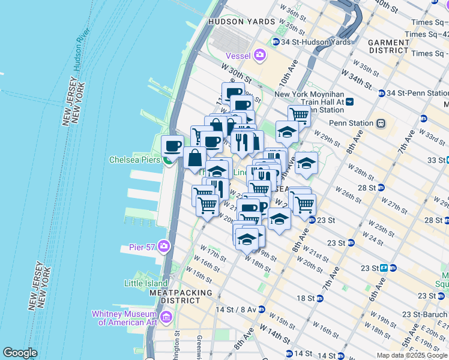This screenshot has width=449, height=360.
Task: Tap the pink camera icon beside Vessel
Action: point(260,55)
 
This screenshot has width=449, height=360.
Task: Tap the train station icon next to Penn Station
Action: point(380,124)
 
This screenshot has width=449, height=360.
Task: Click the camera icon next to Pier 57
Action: point(164,247)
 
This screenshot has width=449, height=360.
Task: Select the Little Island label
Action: point(146,283)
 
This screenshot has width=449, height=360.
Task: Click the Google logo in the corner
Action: point(20,353)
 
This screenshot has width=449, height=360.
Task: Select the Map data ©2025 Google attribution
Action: point(411,355)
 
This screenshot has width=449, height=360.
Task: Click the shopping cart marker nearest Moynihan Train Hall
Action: point(298,115)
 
